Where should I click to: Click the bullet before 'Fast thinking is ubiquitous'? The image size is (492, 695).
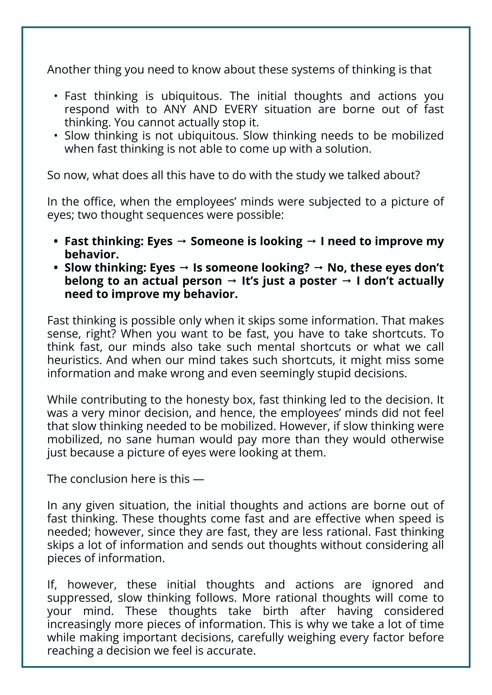(x=56, y=96)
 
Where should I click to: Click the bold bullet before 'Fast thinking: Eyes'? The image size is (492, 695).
(x=56, y=241)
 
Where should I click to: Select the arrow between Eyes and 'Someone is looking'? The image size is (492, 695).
(x=181, y=241)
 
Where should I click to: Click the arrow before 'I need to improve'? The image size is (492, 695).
(x=311, y=241)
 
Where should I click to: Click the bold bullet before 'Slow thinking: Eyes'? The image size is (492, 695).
(x=56, y=268)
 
